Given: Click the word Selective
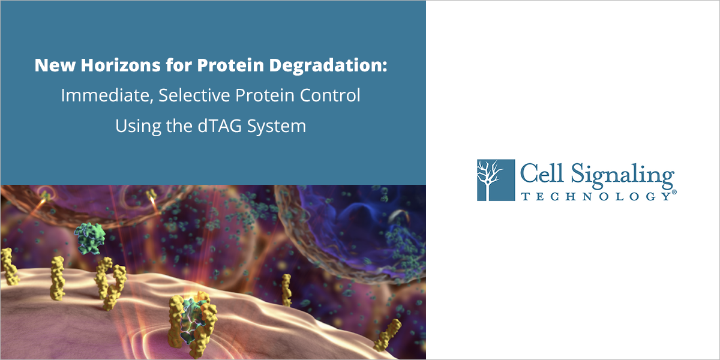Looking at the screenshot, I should point(193,96).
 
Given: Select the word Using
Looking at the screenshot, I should point(134,127).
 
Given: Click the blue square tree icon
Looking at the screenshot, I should point(496,180).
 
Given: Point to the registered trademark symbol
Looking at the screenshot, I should point(674,193).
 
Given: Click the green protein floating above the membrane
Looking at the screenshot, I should point(89,238).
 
